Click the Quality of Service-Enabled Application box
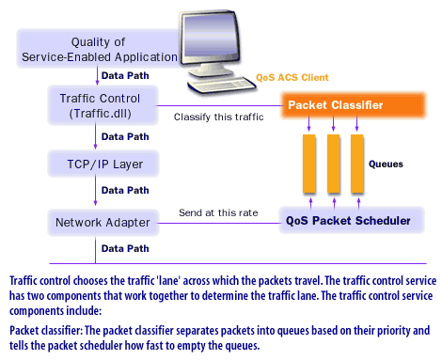pyautogui.click(x=97, y=49)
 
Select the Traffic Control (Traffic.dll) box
pyautogui.click(x=100, y=104)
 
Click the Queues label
pyautogui.click(x=385, y=164)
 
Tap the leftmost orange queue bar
pyautogui.click(x=309, y=163)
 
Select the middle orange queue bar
pyautogui.click(x=333, y=163)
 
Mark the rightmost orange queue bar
pyautogui.click(x=356, y=163)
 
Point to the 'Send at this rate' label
pyautogui.click(x=218, y=213)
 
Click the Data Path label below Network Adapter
pyautogui.click(x=123, y=249)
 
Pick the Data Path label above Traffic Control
pyautogui.click(x=123, y=75)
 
